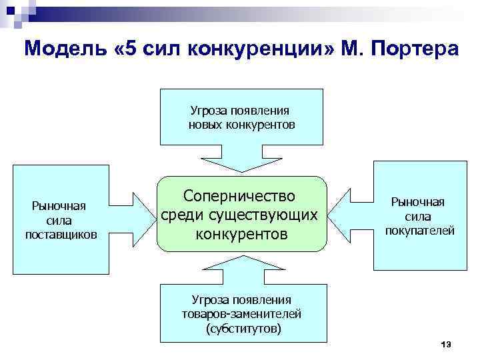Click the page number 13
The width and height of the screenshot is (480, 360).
pyautogui.click(x=446, y=344)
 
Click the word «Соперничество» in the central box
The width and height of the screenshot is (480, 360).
pyautogui.click(x=242, y=196)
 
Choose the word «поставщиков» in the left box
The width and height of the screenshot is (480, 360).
pyautogui.click(x=61, y=235)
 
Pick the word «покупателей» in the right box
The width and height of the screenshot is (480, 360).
pyautogui.click(x=419, y=231)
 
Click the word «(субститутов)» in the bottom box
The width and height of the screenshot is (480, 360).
pyautogui.click(x=244, y=329)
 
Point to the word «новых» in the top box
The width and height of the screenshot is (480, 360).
pyautogui.click(x=207, y=125)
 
